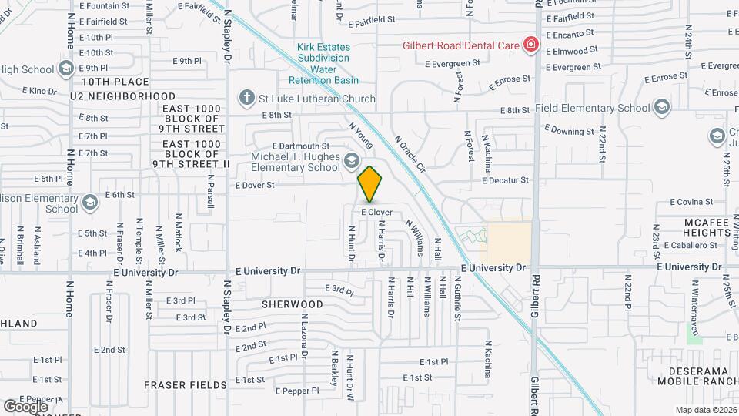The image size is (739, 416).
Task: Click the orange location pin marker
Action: pos(370,183)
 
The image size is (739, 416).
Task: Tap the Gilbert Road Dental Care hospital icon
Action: pos(530,45)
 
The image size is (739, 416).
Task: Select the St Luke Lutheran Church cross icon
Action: pos(246,98)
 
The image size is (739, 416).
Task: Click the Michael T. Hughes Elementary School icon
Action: pos(352,160)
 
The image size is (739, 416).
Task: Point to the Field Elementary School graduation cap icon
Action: pos(662,108)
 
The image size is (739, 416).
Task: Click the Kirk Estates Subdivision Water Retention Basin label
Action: pos(323,63)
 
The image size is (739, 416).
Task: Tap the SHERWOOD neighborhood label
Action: pos(292,304)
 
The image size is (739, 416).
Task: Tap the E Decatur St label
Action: pos(506,180)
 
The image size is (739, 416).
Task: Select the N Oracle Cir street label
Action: pos(410,153)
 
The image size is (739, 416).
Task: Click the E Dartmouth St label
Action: pos(300,146)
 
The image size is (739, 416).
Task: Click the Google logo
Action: pos(25,406)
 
